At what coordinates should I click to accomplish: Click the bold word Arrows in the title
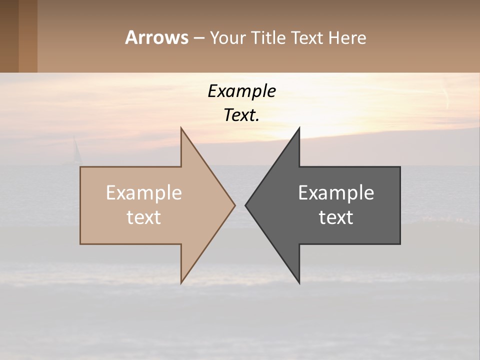(156, 37)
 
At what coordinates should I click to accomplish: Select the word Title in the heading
(268, 38)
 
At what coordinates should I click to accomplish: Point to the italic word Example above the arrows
(241, 91)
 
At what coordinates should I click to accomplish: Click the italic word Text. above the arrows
(241, 115)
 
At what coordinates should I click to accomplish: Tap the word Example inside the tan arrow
(143, 193)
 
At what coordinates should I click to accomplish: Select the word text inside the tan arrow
(143, 217)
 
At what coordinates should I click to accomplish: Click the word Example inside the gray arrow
(336, 193)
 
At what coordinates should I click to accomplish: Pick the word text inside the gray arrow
(336, 217)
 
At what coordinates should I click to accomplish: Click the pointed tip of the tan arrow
(234, 205)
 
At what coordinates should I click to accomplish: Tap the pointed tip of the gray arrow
(246, 205)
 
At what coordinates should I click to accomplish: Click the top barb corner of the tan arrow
(181, 128)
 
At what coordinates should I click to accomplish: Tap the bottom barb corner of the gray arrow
(299, 283)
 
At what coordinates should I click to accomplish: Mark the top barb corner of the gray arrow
(299, 128)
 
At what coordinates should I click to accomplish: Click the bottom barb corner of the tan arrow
(181, 283)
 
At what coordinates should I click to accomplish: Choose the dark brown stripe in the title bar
(9, 36)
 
